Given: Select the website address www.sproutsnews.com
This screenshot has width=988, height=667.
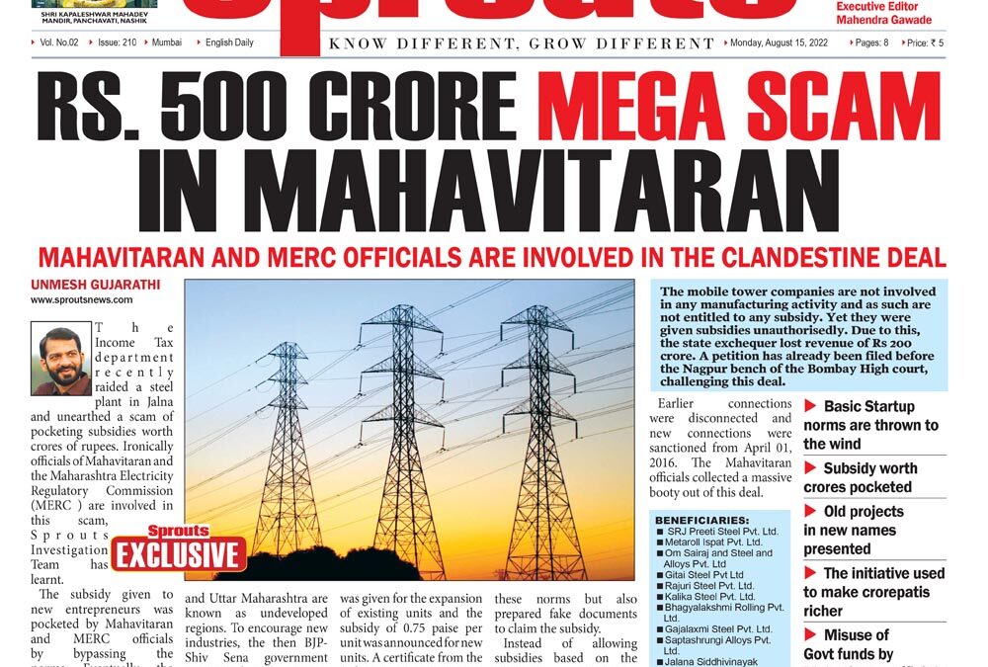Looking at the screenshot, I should [x=81, y=299].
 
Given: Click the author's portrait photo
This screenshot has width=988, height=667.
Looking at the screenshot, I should [x=60, y=358].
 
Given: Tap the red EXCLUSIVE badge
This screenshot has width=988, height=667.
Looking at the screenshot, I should [x=179, y=552].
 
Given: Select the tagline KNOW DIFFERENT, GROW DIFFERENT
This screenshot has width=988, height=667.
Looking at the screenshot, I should [x=521, y=43].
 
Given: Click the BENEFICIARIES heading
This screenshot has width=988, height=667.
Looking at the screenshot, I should [x=701, y=519].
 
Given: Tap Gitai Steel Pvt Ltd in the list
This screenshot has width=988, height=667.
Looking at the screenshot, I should [x=704, y=575].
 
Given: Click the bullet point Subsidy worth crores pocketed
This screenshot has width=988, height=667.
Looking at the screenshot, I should [x=869, y=477].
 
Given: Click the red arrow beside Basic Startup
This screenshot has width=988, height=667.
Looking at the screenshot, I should [x=810, y=406].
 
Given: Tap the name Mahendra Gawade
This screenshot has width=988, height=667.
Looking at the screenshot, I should [x=883, y=20].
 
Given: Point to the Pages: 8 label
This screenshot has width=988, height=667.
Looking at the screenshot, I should [x=871, y=43].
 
